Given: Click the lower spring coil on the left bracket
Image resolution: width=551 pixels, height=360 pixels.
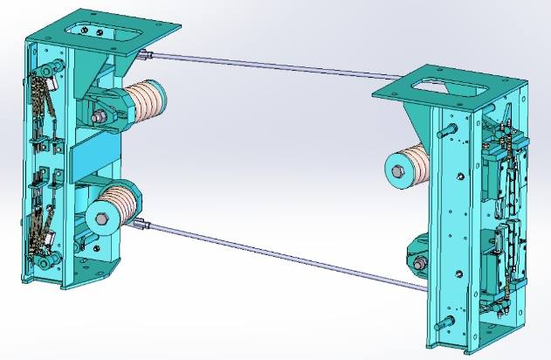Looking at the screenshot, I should pos(127,204).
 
